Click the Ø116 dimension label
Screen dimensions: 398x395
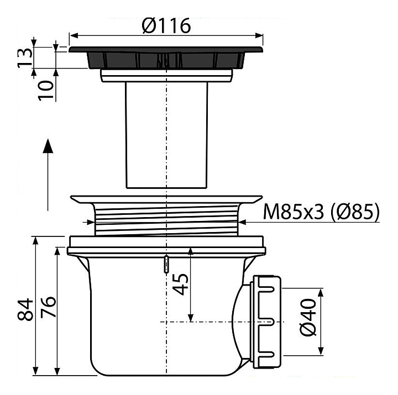click(x=166, y=25)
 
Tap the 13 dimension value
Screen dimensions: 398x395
click(x=25, y=57)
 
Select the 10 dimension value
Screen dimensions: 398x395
click(x=46, y=91)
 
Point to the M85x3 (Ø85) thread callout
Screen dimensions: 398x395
click(x=321, y=212)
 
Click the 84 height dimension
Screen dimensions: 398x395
click(x=25, y=309)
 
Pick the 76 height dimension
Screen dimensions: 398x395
click(x=48, y=307)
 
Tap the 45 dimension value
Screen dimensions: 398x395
click(x=180, y=284)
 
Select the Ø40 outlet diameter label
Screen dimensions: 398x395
click(x=308, y=317)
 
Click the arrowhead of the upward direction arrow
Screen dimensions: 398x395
click(x=48, y=146)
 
